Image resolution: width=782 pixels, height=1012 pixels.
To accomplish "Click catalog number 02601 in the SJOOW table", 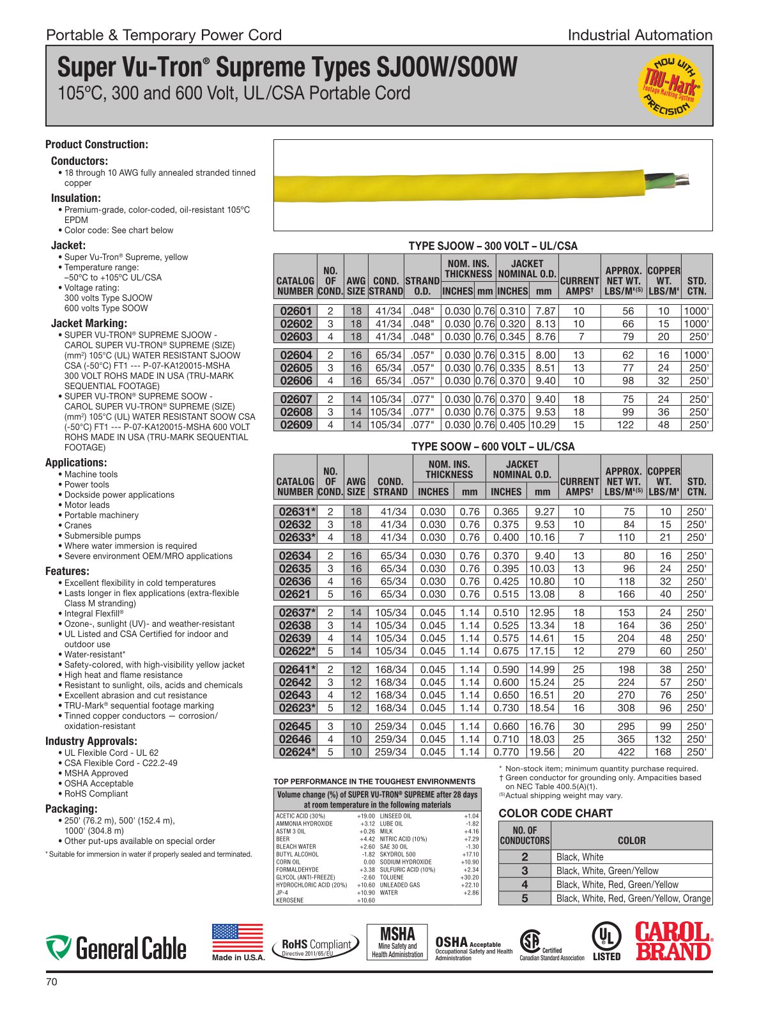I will coord(296,311).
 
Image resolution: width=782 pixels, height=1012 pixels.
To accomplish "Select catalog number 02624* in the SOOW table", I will coord(297,752).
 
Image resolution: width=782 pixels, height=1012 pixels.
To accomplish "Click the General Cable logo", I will coord(116,948).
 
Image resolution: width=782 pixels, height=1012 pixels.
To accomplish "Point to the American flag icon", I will coord(237,939).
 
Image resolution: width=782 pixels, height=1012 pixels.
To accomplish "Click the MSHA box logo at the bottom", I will coord(397,942).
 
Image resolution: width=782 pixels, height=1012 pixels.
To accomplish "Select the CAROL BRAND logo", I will coord(673,942).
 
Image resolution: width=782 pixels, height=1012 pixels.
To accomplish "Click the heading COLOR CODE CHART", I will coord(555,813).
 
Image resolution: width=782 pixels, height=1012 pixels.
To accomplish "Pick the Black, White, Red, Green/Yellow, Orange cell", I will coord(632,898).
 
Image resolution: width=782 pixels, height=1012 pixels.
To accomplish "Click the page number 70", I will coord(52,982).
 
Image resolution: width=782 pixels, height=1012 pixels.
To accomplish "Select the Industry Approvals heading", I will coord(91,741).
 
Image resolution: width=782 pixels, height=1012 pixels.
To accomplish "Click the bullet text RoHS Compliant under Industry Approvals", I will coord(96,793).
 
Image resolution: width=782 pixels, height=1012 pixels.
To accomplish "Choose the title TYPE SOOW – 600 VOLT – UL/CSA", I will coord(493,447).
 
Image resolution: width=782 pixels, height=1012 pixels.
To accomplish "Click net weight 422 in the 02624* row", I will coord(626,752).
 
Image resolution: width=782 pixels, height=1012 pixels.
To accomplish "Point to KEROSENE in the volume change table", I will coord(289,900).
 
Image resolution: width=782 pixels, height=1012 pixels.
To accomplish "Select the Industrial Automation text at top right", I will coord(640,35).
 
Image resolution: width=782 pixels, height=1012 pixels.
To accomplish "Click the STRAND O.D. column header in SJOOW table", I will coord(422,286).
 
